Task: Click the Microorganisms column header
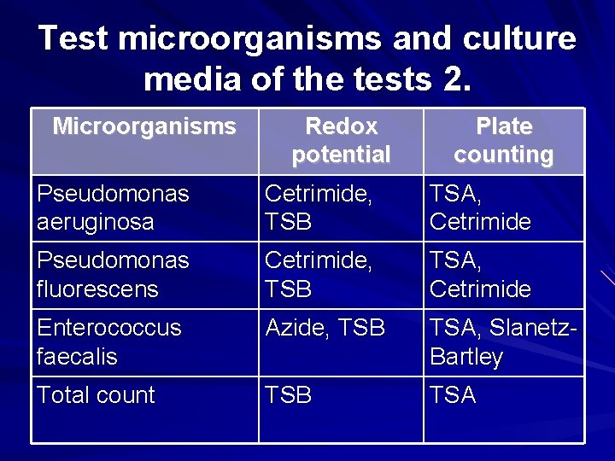point(144,127)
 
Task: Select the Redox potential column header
point(341,141)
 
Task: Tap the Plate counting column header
point(503,141)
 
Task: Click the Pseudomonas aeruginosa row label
point(113,208)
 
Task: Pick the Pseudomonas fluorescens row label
point(113,275)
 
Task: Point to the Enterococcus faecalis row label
point(109,341)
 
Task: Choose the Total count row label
point(96,395)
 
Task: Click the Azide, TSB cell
point(325,328)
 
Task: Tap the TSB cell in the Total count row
point(289,395)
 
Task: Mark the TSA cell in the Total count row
point(453,395)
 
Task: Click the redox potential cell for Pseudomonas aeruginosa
point(318,208)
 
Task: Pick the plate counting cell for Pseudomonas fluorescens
point(480,275)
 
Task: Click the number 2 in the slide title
point(457,79)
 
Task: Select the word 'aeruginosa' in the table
point(96,223)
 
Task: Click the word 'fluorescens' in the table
point(98,289)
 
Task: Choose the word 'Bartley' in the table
point(466,356)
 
